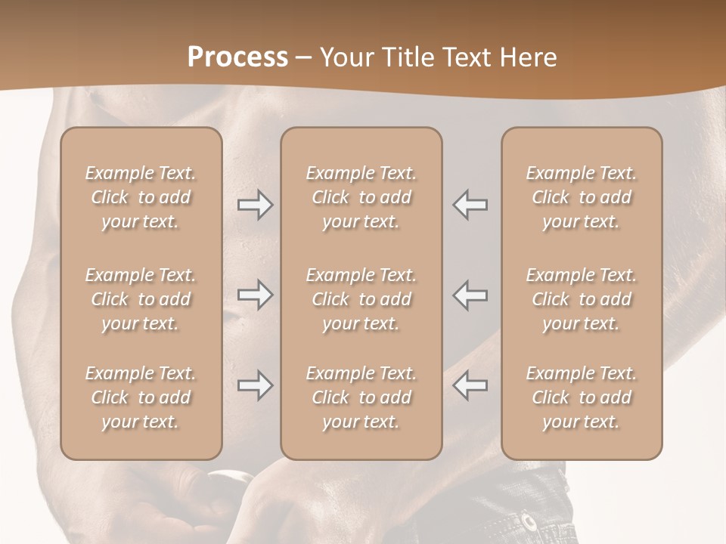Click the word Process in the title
tap(237, 57)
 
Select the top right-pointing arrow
tap(255, 206)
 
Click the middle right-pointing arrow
tap(255, 295)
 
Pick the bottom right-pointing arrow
tap(255, 385)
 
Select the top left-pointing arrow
tap(470, 206)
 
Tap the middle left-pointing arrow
tap(470, 295)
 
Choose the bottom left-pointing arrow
tap(470, 385)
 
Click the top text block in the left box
tap(141, 197)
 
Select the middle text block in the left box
tap(141, 299)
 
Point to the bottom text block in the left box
tap(141, 397)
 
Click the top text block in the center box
tap(361, 197)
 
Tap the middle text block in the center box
tap(361, 299)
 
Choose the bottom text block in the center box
tap(361, 397)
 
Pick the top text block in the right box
tap(581, 197)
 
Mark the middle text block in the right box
tap(581, 299)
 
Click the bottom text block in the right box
tap(581, 397)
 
